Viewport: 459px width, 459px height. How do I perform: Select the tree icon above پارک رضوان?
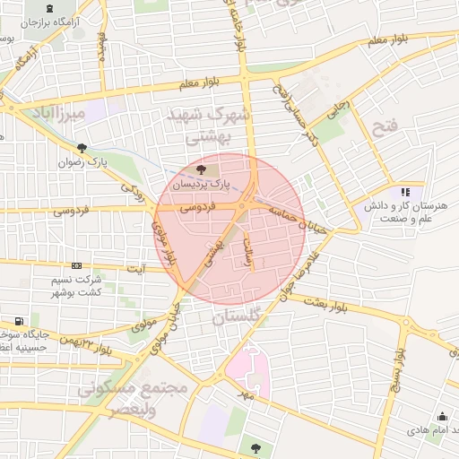[82, 148]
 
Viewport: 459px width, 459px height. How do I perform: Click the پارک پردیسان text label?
[201, 184]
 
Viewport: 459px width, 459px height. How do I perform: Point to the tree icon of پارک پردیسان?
[200, 168]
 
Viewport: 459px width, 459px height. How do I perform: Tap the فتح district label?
[385, 126]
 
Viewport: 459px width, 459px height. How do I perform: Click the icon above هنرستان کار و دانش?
[405, 191]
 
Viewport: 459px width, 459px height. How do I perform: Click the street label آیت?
[136, 268]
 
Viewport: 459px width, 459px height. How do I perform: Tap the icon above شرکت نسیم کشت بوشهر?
[76, 265]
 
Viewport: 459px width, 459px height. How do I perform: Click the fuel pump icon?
[19, 321]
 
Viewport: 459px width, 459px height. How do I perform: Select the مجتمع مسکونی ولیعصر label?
[144, 399]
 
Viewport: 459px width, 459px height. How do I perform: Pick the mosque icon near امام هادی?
[442, 416]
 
